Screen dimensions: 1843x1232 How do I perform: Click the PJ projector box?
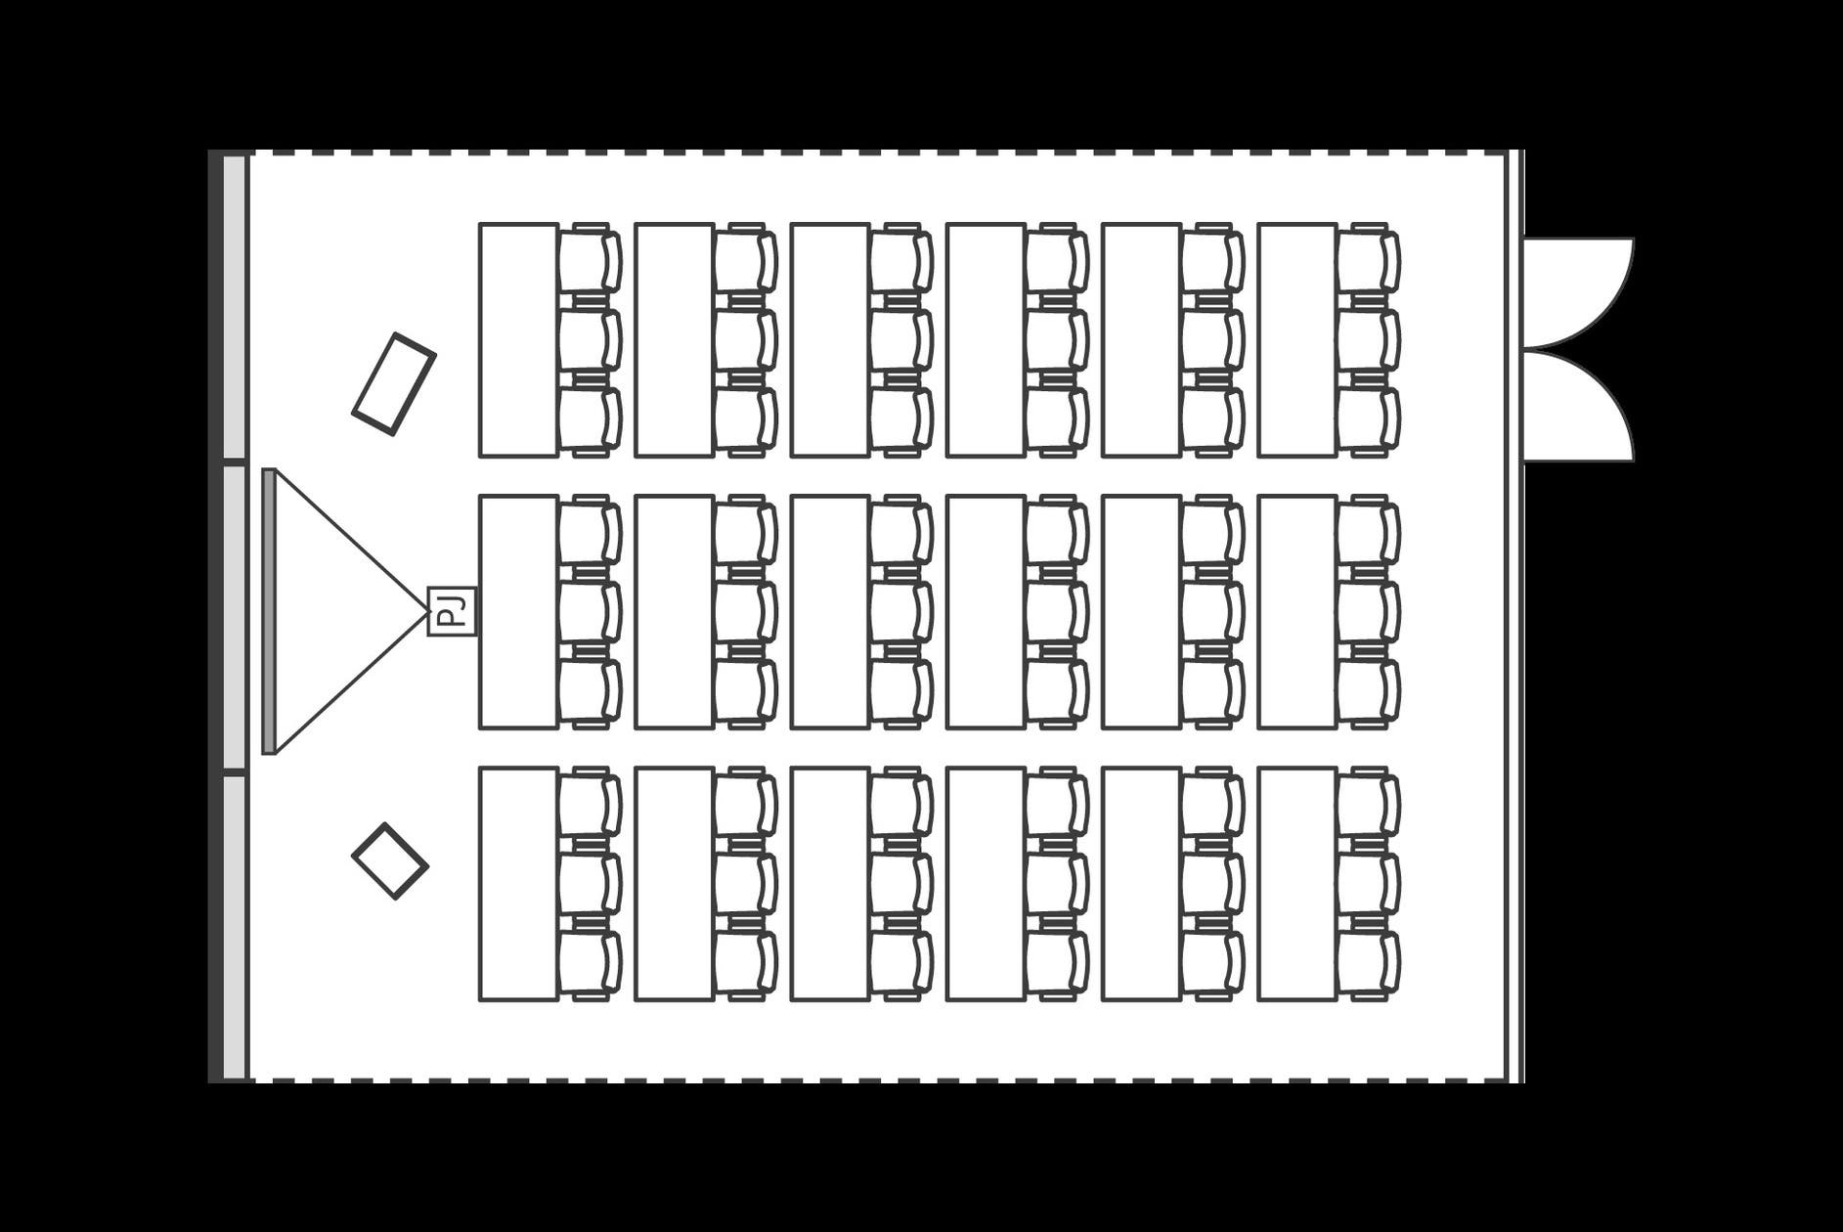click(x=452, y=611)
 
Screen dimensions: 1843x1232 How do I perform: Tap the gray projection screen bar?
click(x=269, y=611)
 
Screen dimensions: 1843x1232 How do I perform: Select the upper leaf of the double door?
click(x=1579, y=292)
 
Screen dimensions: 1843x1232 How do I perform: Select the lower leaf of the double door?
click(x=1579, y=405)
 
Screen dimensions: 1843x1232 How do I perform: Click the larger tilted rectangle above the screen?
click(x=394, y=383)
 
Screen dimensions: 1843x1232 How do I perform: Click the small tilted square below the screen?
click(x=390, y=860)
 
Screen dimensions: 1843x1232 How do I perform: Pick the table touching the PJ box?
click(x=518, y=612)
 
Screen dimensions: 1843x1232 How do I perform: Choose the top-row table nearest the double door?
click(x=1297, y=340)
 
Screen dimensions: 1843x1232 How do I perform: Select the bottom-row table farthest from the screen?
click(x=1297, y=884)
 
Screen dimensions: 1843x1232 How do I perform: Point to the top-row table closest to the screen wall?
click(x=518, y=340)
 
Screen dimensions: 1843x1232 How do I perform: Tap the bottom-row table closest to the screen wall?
click(x=518, y=884)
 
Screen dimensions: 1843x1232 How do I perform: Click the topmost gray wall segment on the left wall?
click(x=235, y=306)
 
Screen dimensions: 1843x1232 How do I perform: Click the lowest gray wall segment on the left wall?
click(x=235, y=928)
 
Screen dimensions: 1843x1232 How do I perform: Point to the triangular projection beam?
click(x=352, y=611)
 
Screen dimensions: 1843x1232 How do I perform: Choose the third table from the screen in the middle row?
click(x=830, y=612)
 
